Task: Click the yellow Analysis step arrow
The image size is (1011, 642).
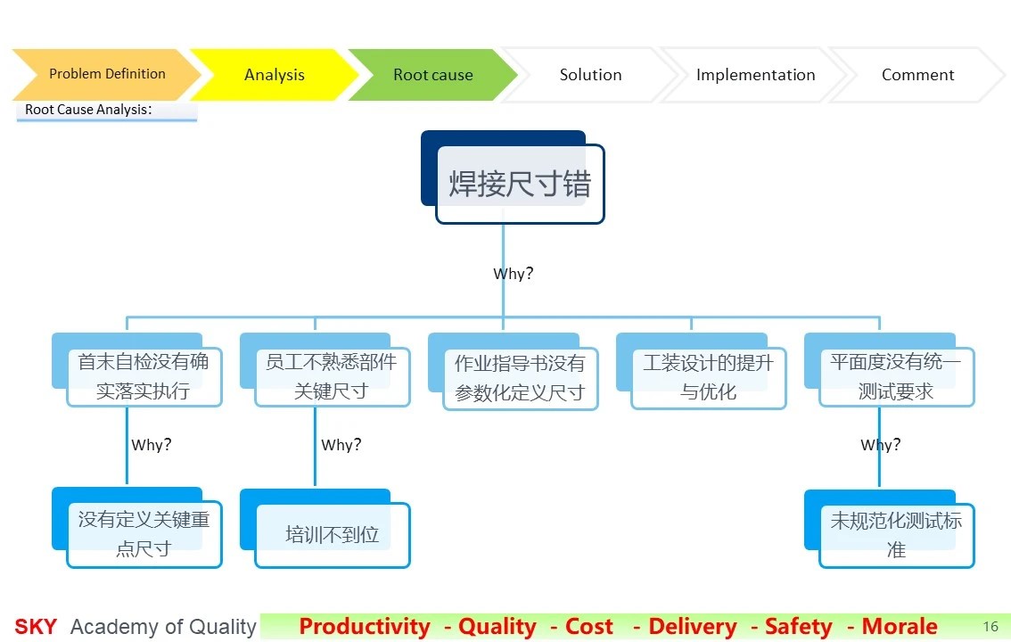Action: click(x=275, y=75)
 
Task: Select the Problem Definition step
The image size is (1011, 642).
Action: click(x=107, y=74)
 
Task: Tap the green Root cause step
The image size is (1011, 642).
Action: click(x=432, y=75)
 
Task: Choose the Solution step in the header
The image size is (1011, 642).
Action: click(x=590, y=75)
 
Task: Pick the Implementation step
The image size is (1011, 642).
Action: click(x=755, y=75)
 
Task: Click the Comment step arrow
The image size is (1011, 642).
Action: click(x=917, y=75)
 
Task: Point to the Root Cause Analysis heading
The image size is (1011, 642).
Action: click(x=88, y=110)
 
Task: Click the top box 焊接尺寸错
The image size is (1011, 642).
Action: click(x=513, y=177)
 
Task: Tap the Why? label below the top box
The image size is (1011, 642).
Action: click(x=514, y=274)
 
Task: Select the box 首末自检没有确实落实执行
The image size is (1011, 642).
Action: click(x=137, y=370)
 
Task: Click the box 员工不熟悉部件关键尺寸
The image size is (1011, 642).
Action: click(x=325, y=370)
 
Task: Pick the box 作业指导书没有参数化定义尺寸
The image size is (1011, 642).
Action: click(x=514, y=371)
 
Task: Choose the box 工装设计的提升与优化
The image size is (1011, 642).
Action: click(x=702, y=371)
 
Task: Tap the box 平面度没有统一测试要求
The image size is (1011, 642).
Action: click(x=890, y=370)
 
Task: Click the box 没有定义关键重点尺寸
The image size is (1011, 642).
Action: click(x=137, y=528)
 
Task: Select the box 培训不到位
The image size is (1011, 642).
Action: click(x=325, y=529)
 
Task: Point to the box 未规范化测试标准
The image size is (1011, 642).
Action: click(x=890, y=529)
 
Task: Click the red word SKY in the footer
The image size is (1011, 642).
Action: click(x=36, y=627)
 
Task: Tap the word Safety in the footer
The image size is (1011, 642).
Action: click(x=798, y=627)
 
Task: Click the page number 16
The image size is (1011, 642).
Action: click(x=990, y=627)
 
